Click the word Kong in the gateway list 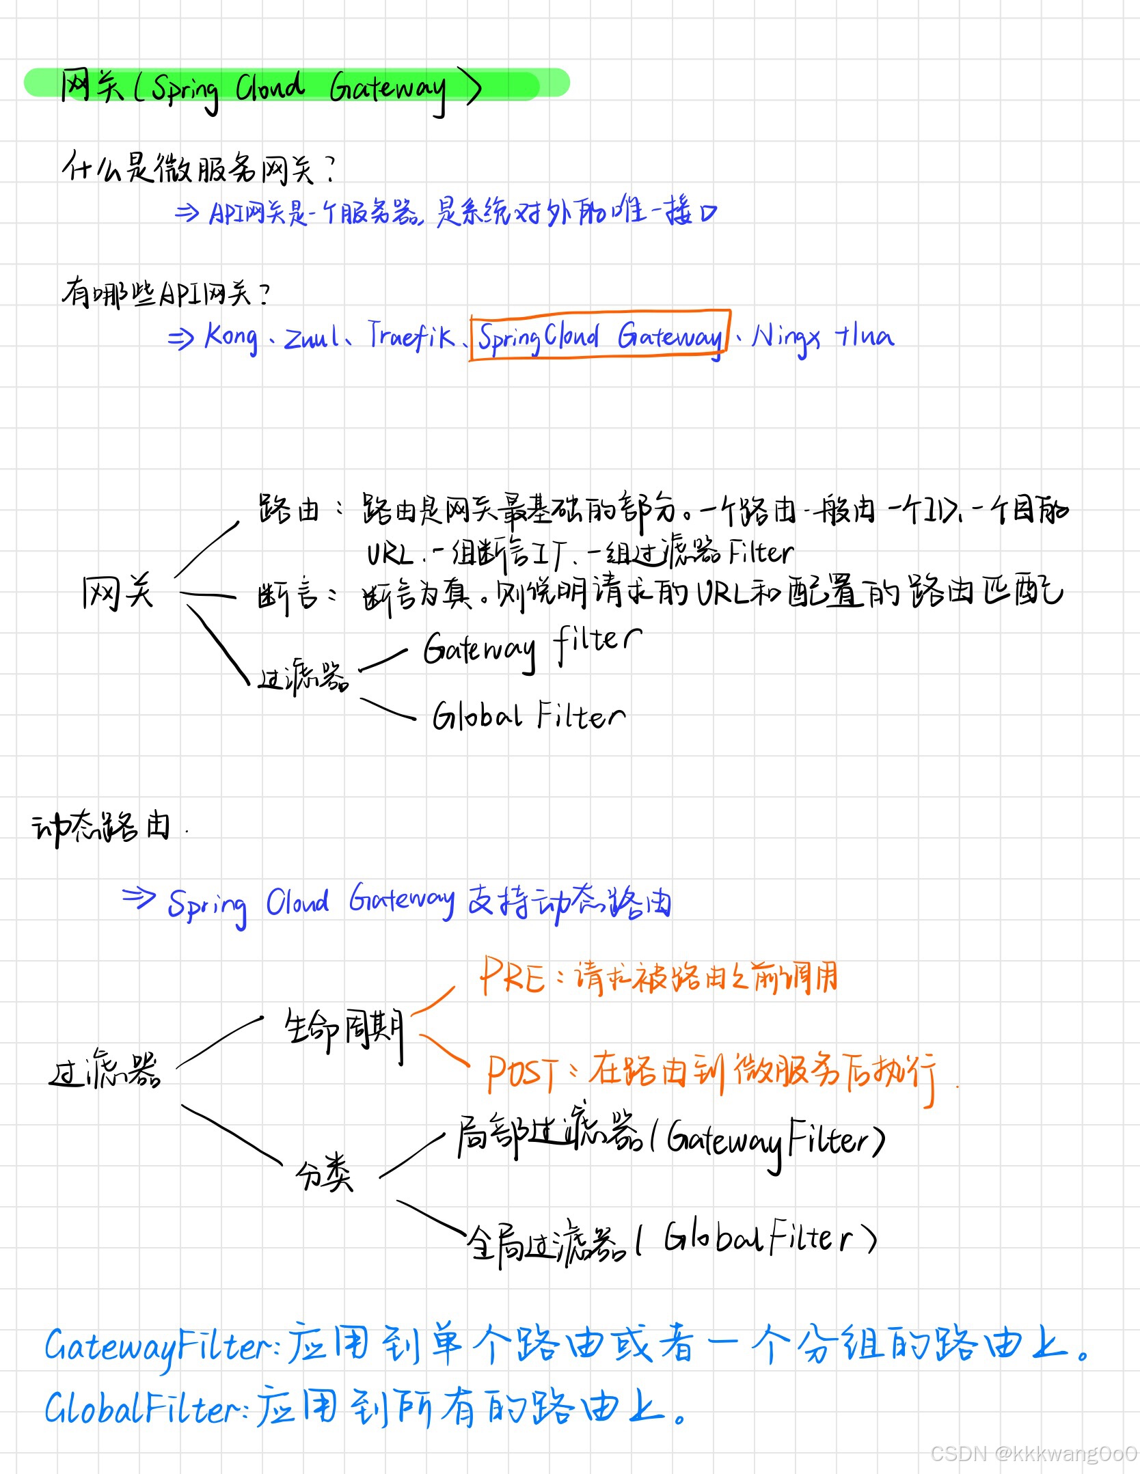231,337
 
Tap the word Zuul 311,337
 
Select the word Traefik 410,335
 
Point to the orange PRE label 511,976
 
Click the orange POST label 523,1072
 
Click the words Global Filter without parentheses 528,716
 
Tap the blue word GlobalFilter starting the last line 141,1408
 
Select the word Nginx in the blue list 785,337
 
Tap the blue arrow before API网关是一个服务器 186,213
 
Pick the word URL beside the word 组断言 390,554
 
